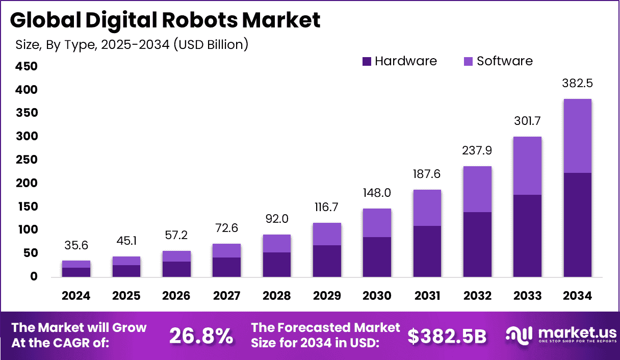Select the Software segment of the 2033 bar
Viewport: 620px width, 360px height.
[x=527, y=166]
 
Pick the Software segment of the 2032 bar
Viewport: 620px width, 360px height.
[x=477, y=189]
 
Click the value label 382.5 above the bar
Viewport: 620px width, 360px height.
[x=577, y=83]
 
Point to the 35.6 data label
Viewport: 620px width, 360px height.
[x=76, y=245]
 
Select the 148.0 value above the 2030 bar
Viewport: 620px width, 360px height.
[x=377, y=193]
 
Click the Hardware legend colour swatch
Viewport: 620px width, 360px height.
[x=367, y=62]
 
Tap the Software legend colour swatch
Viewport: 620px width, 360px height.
[x=469, y=62]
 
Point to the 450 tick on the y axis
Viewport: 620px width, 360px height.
[x=26, y=66]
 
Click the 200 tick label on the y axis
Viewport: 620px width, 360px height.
[x=26, y=183]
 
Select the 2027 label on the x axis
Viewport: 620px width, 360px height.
[x=226, y=296]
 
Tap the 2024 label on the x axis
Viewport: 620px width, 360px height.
[x=76, y=296]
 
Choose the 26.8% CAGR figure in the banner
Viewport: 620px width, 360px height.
[x=201, y=336]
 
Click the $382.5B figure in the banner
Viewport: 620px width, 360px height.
[x=447, y=336]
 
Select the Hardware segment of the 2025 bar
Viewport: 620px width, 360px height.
[x=126, y=271]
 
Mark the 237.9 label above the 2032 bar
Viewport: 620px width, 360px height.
[x=477, y=151]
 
